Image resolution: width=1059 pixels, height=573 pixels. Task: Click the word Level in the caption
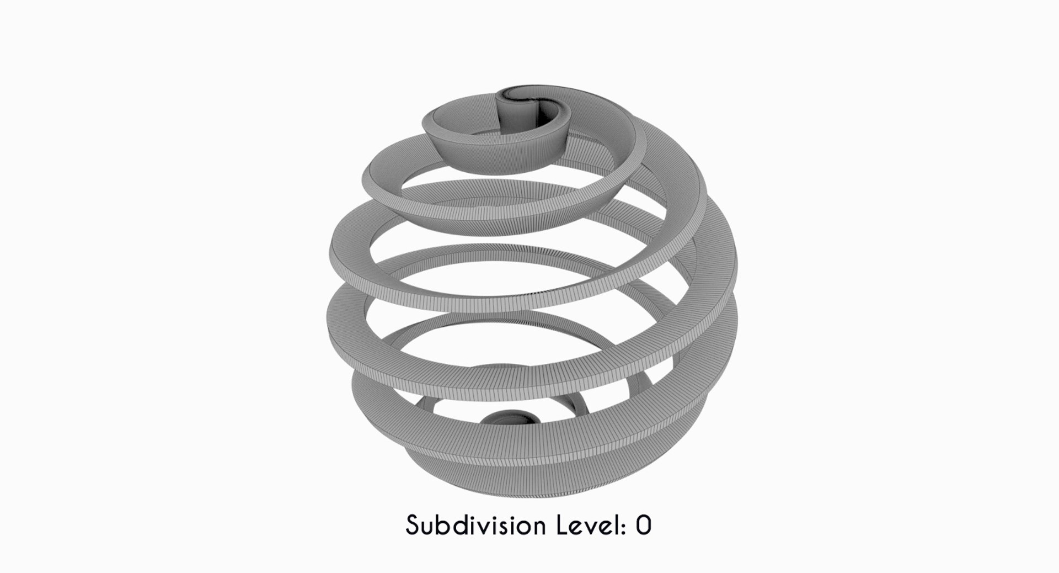(590, 526)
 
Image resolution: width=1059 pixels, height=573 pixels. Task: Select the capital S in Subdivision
(413, 526)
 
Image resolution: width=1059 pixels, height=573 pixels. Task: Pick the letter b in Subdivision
(443, 526)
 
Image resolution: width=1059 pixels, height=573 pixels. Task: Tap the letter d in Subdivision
(461, 526)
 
